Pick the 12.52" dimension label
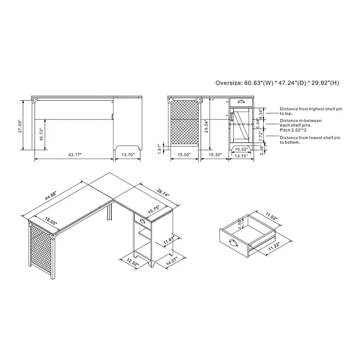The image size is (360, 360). click(131, 262)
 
